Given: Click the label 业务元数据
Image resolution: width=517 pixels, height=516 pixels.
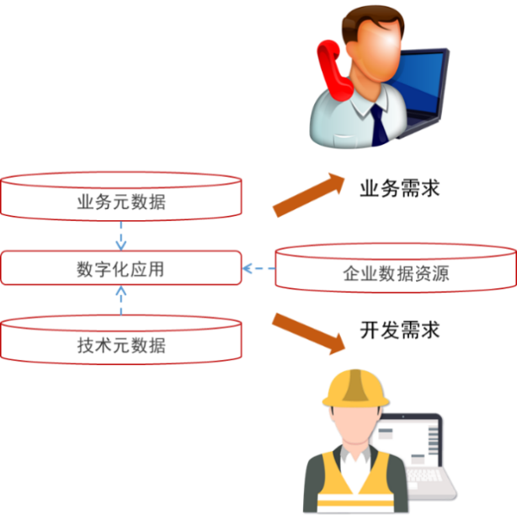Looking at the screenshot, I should point(120,202).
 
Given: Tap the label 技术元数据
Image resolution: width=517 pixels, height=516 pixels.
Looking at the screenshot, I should point(120,346).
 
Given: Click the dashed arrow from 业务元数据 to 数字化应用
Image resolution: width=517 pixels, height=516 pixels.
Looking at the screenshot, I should point(120,235).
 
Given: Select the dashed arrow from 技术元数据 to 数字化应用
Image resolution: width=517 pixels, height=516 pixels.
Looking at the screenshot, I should point(120,299).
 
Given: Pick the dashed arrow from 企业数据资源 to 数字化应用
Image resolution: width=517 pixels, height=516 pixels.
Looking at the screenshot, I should point(258,270).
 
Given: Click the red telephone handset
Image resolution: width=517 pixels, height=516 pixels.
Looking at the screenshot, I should point(330,67).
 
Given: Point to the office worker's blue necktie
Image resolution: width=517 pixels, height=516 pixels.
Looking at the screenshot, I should point(381,126).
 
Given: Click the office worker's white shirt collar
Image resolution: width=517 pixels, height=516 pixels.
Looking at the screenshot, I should point(362,110).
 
